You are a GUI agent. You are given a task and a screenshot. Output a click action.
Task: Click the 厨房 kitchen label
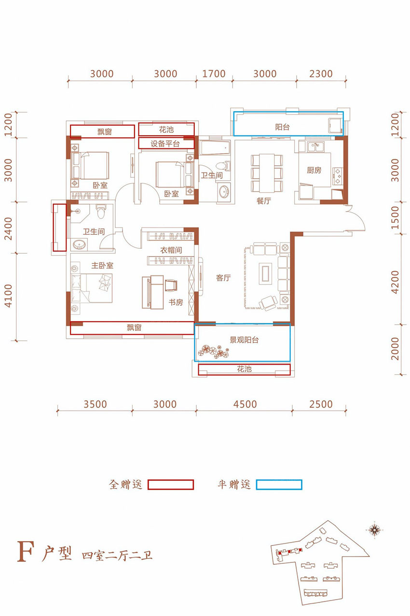pos(314,170)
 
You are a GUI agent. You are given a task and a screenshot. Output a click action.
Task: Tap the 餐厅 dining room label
pos(264,201)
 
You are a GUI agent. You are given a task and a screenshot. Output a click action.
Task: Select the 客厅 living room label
pos(223,278)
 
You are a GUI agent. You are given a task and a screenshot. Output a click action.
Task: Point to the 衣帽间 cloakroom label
pos(171,250)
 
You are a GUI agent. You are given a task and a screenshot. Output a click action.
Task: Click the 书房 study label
pos(176,302)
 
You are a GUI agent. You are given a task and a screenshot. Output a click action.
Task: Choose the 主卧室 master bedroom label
pos(102,265)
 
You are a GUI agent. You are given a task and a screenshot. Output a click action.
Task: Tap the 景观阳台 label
pos(244,340)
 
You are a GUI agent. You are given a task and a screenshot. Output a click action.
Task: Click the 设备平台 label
pos(165,143)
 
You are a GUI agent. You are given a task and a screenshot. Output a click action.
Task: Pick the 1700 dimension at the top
pos(214,74)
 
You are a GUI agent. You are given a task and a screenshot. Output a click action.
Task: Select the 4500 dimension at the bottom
pos(245,404)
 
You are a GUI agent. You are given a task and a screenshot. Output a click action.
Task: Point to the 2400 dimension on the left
pos(9,229)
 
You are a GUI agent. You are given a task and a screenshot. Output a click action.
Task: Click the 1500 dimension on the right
pos(395,217)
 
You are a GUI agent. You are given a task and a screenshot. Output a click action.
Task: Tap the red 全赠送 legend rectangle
pos(171,485)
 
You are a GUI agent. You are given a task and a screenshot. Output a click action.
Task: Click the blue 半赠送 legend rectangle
pos(279,485)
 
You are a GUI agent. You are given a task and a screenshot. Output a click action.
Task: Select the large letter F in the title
pos(26,551)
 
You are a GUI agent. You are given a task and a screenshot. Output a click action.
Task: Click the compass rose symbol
pos(374,529)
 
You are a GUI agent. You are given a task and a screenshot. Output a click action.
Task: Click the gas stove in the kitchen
pos(338,176)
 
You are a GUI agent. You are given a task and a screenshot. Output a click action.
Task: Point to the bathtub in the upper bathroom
pos(215,148)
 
